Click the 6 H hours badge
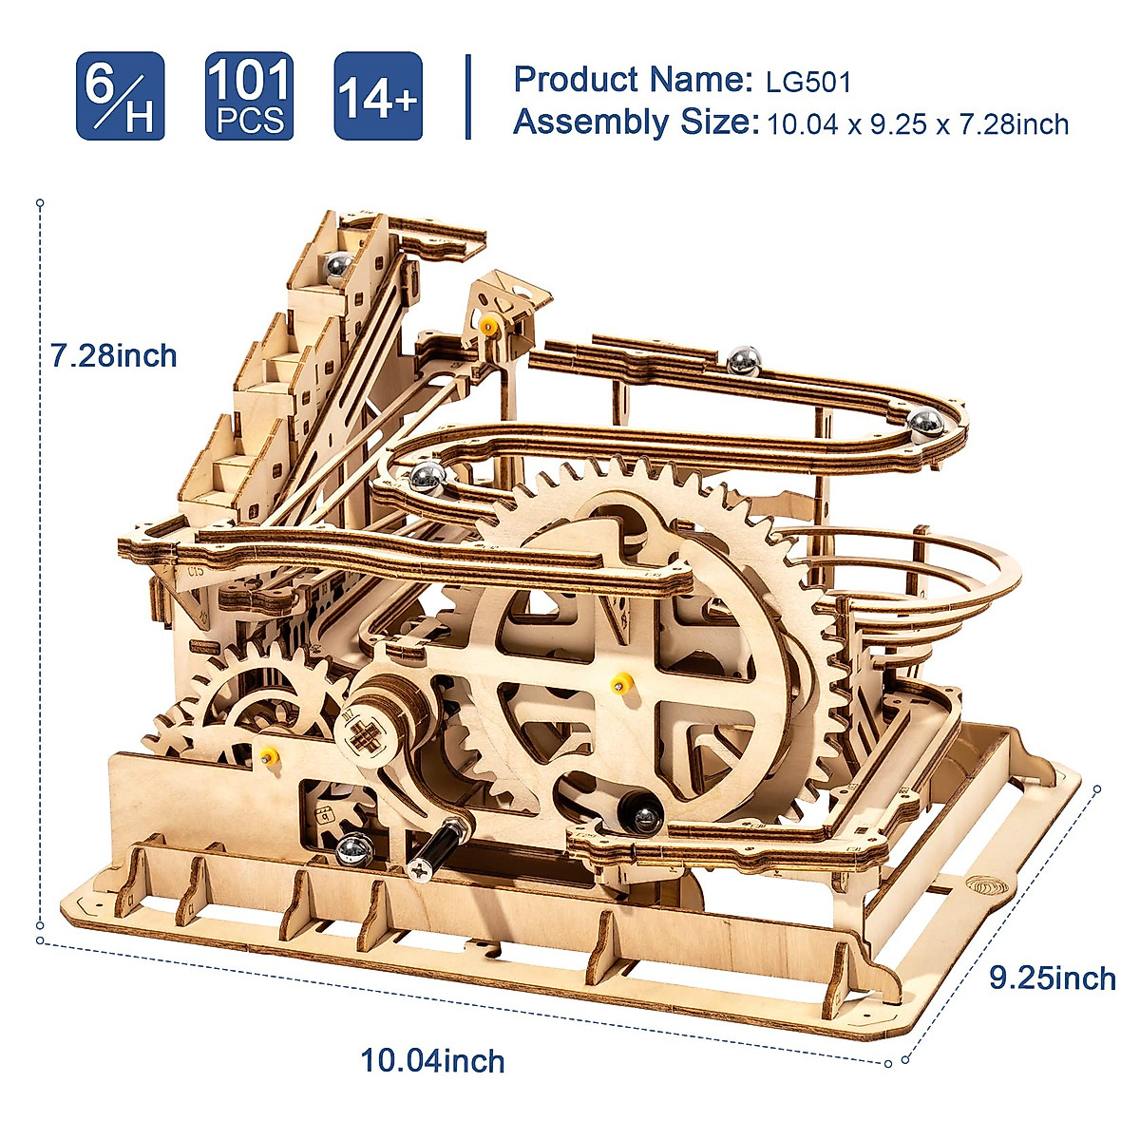(121, 97)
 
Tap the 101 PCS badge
(249, 97)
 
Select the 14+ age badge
(377, 97)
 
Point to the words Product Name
(632, 80)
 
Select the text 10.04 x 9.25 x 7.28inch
(918, 124)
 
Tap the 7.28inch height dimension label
(114, 356)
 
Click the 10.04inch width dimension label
(432, 1060)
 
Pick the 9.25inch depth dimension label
(1053, 978)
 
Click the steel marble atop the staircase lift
(337, 265)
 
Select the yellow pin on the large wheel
(623, 681)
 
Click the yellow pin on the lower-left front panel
(270, 756)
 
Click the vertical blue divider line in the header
(468, 97)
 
